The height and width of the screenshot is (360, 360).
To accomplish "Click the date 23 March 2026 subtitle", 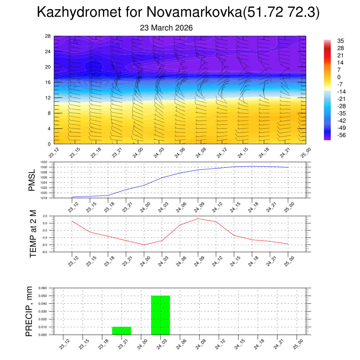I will click(166, 28).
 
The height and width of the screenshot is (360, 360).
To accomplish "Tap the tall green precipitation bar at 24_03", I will click(161, 315).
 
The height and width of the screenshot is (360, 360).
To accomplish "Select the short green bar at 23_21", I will click(122, 331).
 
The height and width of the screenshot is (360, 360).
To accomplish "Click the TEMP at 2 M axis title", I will click(33, 233).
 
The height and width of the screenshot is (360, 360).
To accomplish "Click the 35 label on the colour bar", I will click(341, 41).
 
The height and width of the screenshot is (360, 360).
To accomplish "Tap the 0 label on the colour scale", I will click(339, 77).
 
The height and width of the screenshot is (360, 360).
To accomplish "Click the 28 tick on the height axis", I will click(47, 36).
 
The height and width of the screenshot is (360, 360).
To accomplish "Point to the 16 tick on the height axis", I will click(47, 82).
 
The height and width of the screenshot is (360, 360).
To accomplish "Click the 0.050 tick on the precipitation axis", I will click(42, 296).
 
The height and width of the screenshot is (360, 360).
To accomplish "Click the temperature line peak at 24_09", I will click(198, 219).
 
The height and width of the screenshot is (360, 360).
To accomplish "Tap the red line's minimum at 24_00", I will click(144, 245).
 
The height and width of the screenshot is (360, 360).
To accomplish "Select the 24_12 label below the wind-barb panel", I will click(221, 154).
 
